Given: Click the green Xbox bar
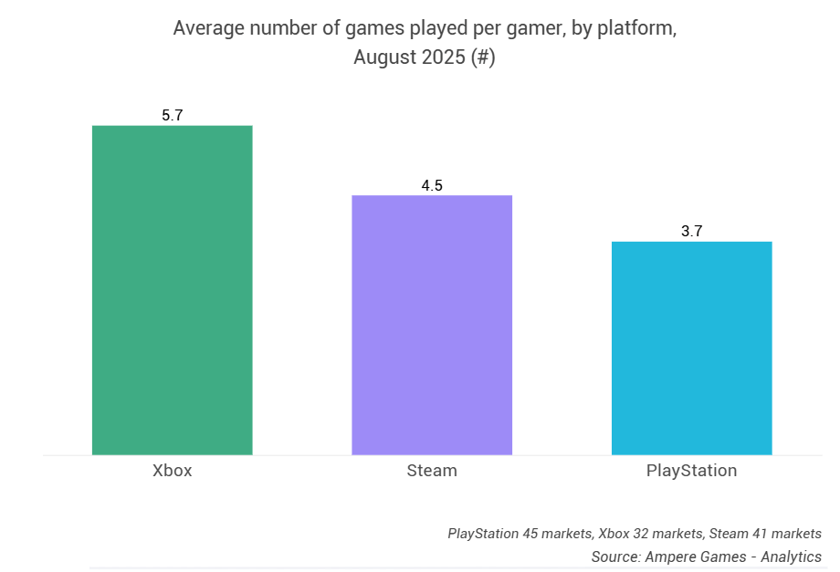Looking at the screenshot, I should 172,289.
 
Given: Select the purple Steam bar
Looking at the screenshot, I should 432,324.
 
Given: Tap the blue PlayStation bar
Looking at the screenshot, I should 691,348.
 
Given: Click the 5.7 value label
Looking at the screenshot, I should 173,116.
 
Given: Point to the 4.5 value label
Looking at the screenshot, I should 432,185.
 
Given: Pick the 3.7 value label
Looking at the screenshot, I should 691,232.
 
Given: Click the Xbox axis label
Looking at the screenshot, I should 172,472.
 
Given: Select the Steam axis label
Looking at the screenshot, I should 432,472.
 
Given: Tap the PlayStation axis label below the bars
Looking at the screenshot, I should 691,472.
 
